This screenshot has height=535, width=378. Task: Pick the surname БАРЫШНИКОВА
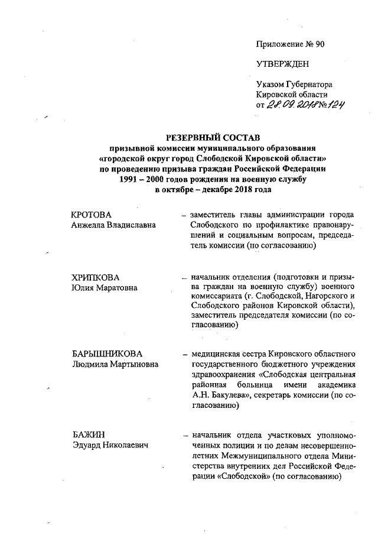click(x=106, y=354)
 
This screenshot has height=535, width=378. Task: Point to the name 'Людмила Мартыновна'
click(x=114, y=364)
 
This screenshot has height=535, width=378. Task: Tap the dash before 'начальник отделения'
click(x=184, y=278)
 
